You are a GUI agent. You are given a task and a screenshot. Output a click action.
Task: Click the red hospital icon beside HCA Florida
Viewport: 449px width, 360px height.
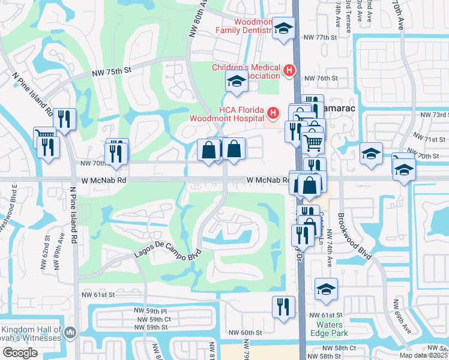tap(274, 112)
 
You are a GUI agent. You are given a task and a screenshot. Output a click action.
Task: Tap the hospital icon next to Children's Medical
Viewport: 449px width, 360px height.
tap(289, 71)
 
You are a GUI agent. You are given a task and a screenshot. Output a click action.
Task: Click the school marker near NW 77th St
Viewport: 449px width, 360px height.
tap(283, 28)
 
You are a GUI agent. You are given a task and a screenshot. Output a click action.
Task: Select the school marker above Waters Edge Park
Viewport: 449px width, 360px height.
tap(326, 290)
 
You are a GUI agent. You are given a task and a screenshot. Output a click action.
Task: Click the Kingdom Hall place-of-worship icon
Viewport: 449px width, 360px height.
tap(70, 332)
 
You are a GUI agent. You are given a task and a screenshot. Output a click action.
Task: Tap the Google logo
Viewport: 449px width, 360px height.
tap(20, 353)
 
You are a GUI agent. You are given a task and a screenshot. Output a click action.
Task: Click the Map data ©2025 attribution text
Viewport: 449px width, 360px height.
tap(423, 355)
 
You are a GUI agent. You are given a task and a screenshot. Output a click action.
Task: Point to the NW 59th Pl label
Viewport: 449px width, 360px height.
tap(151, 311)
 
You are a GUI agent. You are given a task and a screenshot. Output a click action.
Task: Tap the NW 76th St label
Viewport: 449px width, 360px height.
tap(318, 79)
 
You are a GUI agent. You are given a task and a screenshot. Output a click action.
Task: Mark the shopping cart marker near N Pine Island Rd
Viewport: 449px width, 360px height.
tap(44, 137)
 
